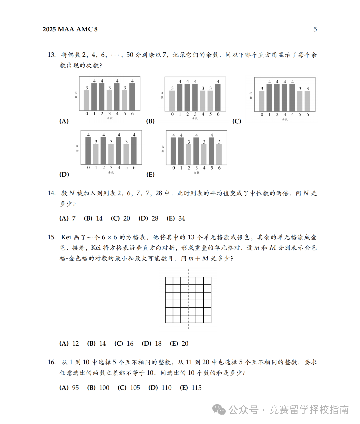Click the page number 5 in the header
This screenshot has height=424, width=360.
pos(315,29)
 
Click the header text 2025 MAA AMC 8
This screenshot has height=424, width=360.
pos(70,29)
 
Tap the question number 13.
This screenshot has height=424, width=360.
pos(51,55)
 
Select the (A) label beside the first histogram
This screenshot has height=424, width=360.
pos(64,121)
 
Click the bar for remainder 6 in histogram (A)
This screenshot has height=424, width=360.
pos(132,97)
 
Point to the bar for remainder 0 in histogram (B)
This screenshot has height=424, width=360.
pos(172,100)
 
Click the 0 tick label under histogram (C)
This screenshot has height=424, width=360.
pos(262,115)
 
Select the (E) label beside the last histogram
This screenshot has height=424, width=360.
pos(150,175)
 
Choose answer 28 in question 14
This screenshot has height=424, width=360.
pos(155,219)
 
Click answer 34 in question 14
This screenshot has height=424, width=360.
pos(182,219)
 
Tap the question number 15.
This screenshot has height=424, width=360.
pos(51,237)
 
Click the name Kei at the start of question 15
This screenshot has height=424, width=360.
pos(66,237)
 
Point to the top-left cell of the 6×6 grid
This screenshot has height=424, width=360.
pos(169,281)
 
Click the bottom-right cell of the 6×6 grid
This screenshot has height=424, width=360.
pos(207,319)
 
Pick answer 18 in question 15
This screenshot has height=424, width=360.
pos(158,344)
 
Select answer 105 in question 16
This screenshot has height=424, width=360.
pos(135,388)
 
